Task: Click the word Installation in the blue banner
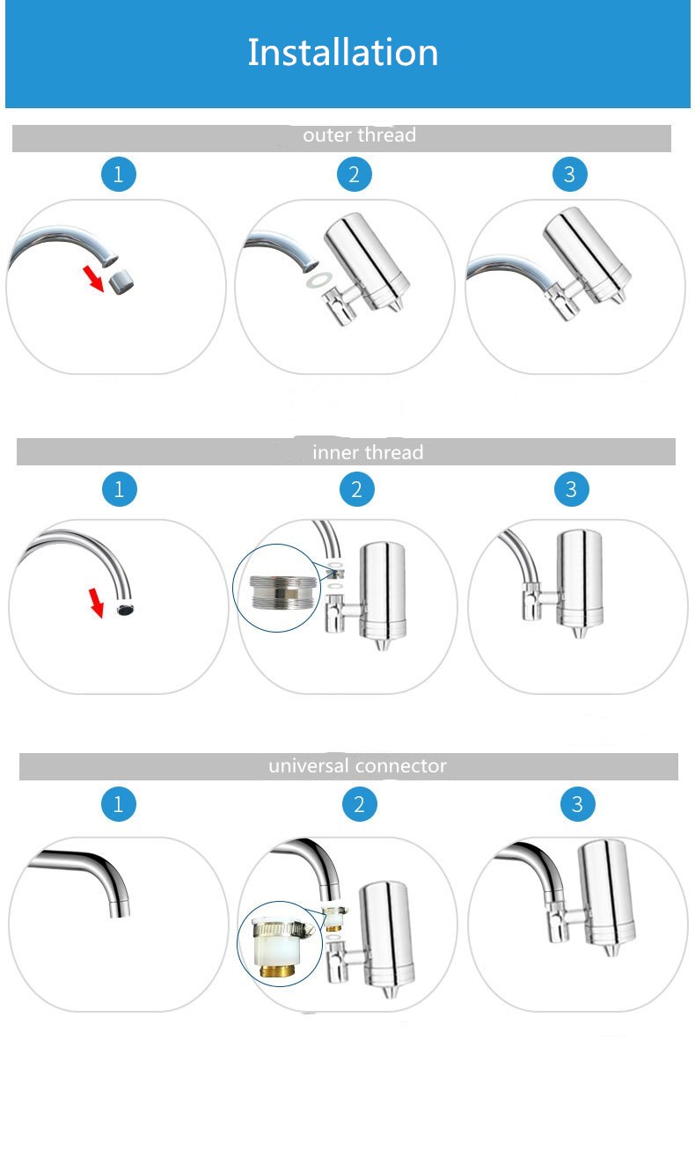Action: tap(342, 53)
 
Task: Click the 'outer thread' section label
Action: tap(359, 135)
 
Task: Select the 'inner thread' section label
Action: tap(368, 452)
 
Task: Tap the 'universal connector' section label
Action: tap(357, 766)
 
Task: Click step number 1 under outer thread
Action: tap(119, 174)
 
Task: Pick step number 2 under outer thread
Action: tap(354, 174)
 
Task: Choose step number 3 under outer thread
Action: tap(569, 174)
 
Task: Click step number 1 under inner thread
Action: tap(120, 488)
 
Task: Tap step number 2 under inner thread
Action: tap(356, 488)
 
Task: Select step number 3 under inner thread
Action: tap(572, 488)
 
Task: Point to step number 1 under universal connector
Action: tap(119, 803)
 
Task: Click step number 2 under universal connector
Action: tap(358, 803)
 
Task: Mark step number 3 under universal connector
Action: tap(577, 803)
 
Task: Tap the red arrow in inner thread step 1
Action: tap(98, 603)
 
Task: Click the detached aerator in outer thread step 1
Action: tap(120, 282)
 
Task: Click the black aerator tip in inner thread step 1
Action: tap(125, 609)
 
